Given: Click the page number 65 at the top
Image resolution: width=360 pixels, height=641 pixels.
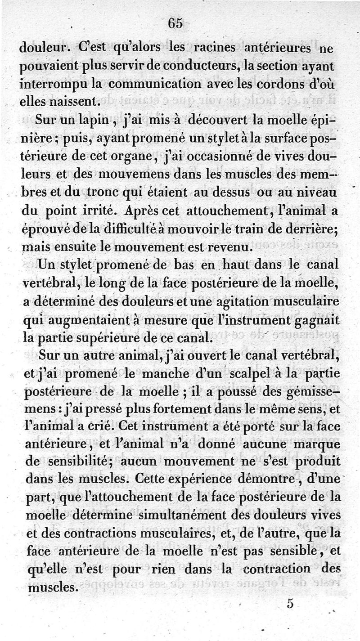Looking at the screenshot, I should pos(175,23).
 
